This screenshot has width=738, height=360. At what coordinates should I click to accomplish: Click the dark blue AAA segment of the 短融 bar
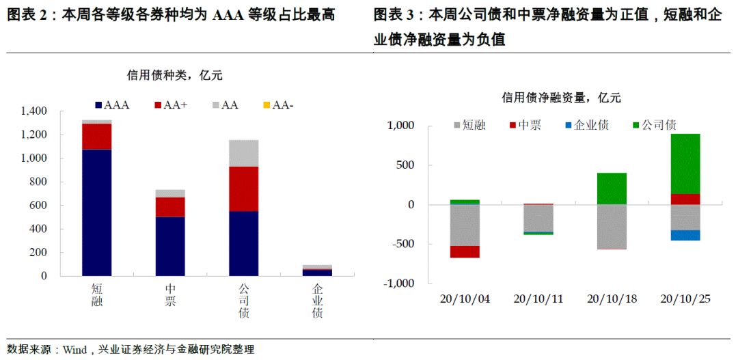96,212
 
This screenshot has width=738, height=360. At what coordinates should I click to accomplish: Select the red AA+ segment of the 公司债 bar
244,189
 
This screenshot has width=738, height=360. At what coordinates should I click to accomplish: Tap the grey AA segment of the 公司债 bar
244,153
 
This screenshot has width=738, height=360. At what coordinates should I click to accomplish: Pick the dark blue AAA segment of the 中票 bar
170,246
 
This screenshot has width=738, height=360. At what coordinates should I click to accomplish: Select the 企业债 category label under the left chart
317,300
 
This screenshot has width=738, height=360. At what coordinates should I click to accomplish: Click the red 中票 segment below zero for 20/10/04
465,251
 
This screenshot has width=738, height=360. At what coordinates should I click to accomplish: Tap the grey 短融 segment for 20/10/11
538,219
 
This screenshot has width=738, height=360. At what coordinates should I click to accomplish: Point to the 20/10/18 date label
612,299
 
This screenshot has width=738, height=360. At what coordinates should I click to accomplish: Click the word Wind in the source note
74,349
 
